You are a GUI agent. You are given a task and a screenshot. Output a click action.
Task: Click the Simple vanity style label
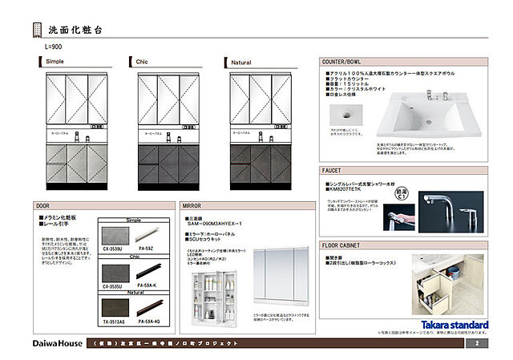tap(56, 62)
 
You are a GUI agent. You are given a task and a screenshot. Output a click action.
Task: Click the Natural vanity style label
tap(240, 62)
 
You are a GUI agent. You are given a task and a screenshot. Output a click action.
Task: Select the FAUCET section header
tap(332, 171)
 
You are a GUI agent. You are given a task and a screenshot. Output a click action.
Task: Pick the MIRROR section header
tap(192, 206)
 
